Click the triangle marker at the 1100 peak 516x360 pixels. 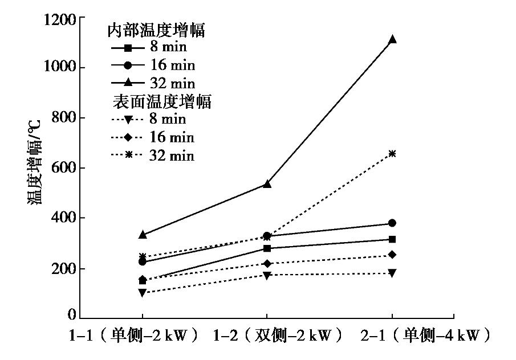tap(392, 39)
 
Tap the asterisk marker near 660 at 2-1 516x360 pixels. tap(392, 153)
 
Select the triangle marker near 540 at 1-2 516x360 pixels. tap(267, 183)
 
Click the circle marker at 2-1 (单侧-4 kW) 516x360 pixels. tap(392, 223)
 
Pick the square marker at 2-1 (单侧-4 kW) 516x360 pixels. tap(392, 239)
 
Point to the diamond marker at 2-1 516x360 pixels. tap(392, 255)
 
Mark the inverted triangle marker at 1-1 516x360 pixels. tap(142, 293)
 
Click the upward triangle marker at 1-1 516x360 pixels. tap(142, 234)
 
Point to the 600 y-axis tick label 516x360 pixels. tap(63, 168)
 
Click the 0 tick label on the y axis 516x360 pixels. tap(72, 315)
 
